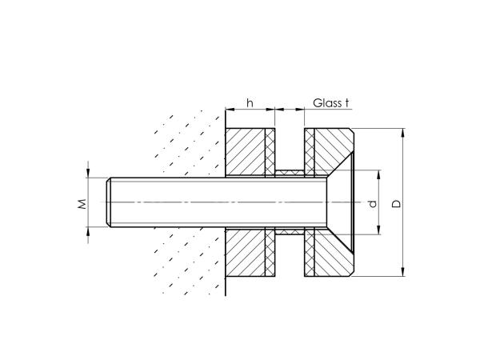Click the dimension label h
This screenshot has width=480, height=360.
pos(250,102)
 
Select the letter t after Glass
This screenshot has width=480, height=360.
pos(348,102)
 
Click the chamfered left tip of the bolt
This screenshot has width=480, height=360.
pos(110,202)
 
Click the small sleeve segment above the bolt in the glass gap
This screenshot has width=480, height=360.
pos(290,173)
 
